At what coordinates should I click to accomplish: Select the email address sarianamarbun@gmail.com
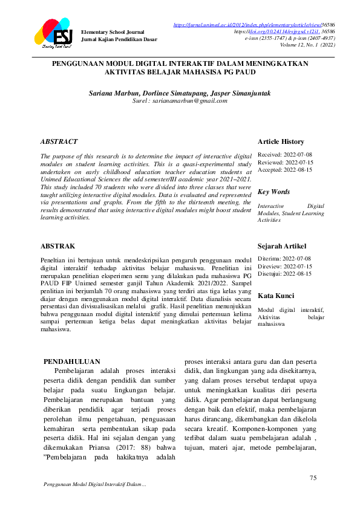tap(188, 101)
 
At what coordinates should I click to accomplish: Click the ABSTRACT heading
tap(59, 141)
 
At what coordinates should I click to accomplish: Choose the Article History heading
tap(281, 141)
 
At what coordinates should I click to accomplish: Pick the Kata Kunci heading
tap(276, 296)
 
